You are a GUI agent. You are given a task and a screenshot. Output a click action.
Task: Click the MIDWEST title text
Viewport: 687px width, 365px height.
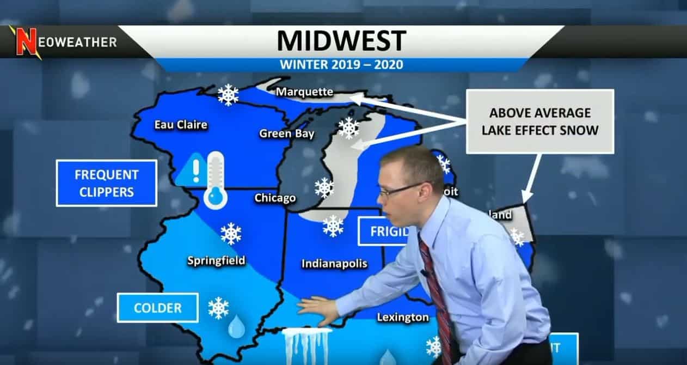point(341,41)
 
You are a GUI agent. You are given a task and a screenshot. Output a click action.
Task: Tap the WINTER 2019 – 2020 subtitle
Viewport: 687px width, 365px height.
point(341,64)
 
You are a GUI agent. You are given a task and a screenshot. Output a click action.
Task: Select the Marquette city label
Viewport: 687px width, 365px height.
point(304,92)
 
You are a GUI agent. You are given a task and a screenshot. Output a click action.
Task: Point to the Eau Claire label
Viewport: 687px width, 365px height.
point(181,125)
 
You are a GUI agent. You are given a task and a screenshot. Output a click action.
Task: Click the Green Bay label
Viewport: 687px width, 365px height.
point(287,133)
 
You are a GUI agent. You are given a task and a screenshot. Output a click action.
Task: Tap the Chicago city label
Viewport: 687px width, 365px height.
point(275,198)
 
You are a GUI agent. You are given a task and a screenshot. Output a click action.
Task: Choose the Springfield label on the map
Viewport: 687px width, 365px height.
point(216,260)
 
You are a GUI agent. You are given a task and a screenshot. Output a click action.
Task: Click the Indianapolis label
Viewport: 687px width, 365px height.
point(334,264)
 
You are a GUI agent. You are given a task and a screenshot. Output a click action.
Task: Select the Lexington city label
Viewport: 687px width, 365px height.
point(403,317)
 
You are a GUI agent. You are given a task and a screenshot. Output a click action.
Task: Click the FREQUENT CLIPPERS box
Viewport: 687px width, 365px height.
point(106,183)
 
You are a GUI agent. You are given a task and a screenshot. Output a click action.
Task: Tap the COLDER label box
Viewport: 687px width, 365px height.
point(157,308)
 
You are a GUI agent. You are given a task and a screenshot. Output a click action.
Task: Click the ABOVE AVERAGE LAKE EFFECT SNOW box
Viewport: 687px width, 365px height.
point(539,121)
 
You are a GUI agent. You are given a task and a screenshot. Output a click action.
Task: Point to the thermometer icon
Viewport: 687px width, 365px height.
point(215,181)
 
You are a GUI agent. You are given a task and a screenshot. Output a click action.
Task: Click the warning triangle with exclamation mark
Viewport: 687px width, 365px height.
point(191,170)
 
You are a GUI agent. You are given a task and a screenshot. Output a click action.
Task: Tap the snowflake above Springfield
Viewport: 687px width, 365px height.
point(231,233)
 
